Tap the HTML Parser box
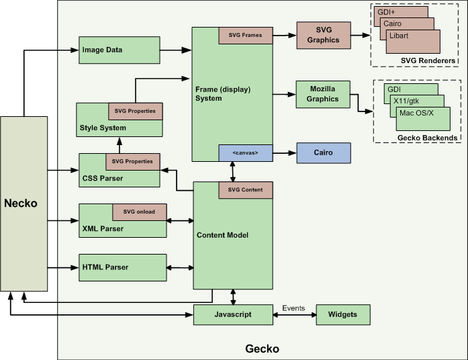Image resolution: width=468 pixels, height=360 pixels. (122, 267)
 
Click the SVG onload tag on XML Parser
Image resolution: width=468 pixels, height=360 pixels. (139, 212)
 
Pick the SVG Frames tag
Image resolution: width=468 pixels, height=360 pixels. (245, 35)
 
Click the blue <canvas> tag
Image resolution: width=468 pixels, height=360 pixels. (245, 152)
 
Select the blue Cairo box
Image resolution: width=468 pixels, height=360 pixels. (324, 152)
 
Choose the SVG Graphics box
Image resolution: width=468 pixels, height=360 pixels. (324, 35)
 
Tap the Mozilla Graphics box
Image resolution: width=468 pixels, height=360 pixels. (324, 95)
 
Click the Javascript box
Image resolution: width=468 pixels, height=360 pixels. (233, 314)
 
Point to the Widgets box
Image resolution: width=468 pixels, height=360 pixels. (342, 314)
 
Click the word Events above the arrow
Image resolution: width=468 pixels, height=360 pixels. (293, 308)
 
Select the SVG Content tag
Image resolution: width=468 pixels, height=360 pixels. (245, 190)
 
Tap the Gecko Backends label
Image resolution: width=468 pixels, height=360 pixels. (428, 138)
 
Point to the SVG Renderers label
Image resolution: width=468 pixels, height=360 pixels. (428, 61)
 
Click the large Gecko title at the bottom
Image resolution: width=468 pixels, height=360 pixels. (262, 349)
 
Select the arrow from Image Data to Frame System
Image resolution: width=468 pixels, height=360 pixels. (176, 50)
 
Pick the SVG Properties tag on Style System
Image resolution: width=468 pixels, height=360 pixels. (136, 110)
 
